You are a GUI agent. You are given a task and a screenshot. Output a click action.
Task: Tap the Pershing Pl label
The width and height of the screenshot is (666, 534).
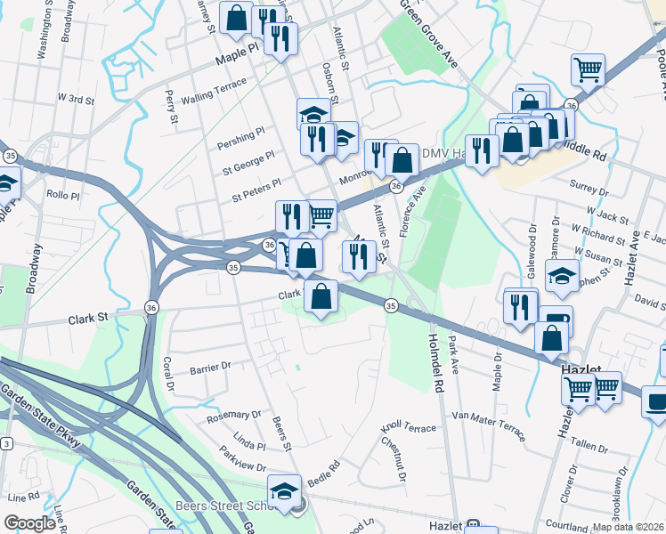point(241,133)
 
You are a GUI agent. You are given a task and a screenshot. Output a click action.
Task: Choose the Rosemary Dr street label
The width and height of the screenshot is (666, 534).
point(233,415)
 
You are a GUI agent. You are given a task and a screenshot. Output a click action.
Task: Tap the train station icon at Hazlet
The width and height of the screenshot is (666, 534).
point(474,526)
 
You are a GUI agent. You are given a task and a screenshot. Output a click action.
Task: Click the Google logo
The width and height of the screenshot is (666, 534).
point(29,522)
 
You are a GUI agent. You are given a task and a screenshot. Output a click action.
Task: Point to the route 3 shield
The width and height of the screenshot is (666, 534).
point(6,442)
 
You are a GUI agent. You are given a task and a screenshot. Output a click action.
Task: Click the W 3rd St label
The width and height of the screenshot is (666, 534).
point(76,99)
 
